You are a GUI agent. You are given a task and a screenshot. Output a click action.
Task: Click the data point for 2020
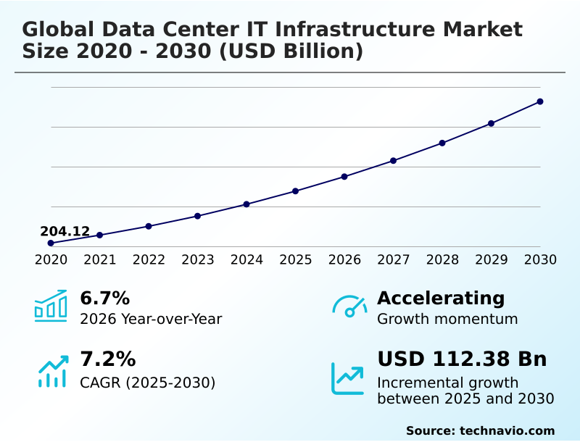(51, 243)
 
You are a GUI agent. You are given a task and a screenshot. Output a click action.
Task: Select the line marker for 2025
(296, 191)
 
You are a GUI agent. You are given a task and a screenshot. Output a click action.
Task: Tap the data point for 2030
(540, 101)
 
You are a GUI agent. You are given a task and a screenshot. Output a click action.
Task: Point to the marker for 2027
(394, 160)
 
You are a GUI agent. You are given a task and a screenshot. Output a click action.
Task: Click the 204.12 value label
(65, 232)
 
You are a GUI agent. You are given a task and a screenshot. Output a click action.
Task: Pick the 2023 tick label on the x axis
(198, 259)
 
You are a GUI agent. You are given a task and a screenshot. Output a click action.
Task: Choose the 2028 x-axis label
(442, 259)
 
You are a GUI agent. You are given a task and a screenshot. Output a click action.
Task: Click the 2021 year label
(100, 259)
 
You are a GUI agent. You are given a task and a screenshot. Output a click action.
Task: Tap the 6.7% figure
(104, 298)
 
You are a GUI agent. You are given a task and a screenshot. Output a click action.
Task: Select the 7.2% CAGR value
(107, 359)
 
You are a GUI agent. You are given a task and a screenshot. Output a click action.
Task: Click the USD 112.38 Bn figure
(462, 359)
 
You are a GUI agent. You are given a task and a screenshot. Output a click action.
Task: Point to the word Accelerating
(441, 298)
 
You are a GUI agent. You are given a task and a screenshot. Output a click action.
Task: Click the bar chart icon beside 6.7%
(51, 306)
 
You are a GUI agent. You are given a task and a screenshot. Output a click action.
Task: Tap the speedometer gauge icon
(349, 306)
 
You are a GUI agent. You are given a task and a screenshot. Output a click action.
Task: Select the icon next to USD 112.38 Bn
(348, 378)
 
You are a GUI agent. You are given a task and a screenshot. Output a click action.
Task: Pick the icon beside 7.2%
(52, 371)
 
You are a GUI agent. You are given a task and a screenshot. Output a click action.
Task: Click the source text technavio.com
(507, 430)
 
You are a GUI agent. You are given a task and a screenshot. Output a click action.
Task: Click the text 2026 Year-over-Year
(151, 319)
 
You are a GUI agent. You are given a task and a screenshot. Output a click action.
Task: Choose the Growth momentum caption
(447, 319)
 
